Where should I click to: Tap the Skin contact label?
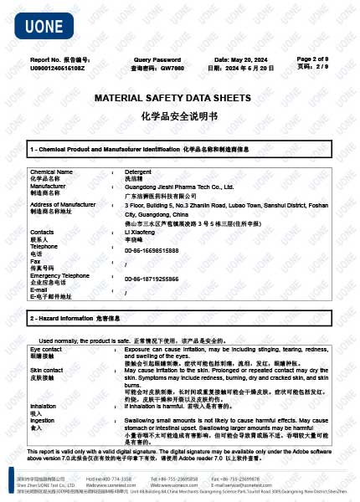click(x=47, y=369)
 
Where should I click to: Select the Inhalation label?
click(x=44, y=406)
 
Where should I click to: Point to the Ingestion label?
click(x=43, y=420)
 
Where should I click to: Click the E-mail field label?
click(x=39, y=289)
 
